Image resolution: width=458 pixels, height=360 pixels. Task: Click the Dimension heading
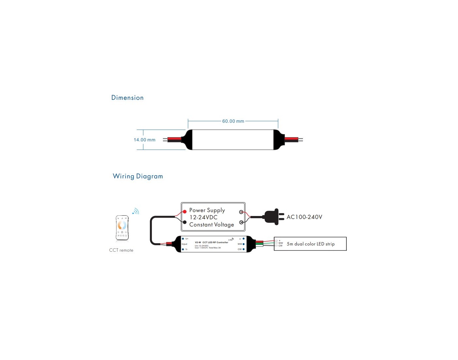tap(127, 98)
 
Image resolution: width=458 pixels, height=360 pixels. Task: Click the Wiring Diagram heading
tap(138, 176)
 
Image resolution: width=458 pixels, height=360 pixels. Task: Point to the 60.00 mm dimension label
tap(233, 121)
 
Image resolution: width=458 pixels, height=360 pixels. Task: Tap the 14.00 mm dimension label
tap(144, 140)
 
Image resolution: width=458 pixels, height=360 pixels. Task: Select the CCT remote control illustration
tap(122, 228)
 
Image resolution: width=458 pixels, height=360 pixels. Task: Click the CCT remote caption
tap(121, 250)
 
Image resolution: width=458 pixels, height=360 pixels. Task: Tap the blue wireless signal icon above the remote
tap(136, 211)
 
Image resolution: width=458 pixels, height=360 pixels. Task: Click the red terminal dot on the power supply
tap(185, 212)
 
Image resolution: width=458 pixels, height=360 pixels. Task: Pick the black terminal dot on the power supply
tap(185, 222)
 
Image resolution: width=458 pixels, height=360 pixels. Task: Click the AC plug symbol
tap(274, 217)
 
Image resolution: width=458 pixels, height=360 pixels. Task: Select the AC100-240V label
tap(304, 217)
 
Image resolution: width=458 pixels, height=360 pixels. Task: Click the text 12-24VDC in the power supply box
tap(203, 217)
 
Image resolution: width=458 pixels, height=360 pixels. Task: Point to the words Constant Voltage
tap(211, 225)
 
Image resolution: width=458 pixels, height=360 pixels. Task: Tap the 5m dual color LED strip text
tap(310, 244)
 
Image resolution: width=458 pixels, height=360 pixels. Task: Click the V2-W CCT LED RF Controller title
tap(211, 243)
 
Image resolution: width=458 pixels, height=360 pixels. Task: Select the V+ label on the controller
tap(187, 239)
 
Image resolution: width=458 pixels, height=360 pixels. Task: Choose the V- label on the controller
tap(186, 249)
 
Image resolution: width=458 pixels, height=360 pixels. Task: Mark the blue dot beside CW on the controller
tap(244, 249)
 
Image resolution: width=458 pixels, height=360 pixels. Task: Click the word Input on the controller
tap(185, 244)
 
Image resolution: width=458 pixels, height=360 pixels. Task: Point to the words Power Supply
tap(207, 210)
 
